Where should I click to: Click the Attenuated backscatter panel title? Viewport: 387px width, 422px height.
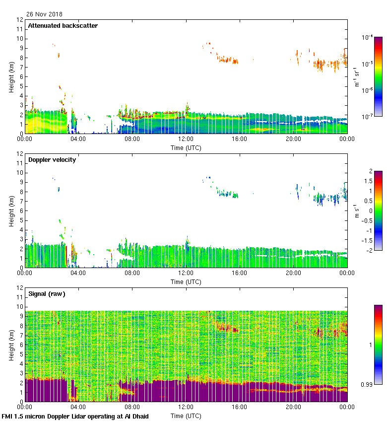click(x=63, y=25)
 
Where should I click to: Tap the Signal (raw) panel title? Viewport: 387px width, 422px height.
click(x=47, y=293)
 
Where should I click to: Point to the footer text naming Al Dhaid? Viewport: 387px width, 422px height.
click(x=75, y=416)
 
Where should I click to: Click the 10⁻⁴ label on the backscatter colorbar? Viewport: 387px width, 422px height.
click(x=368, y=38)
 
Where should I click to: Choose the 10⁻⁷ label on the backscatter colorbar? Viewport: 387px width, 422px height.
click(x=368, y=116)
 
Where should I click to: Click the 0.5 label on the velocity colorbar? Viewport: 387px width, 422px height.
click(x=368, y=201)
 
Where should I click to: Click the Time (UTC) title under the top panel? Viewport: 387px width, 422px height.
click(x=186, y=147)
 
